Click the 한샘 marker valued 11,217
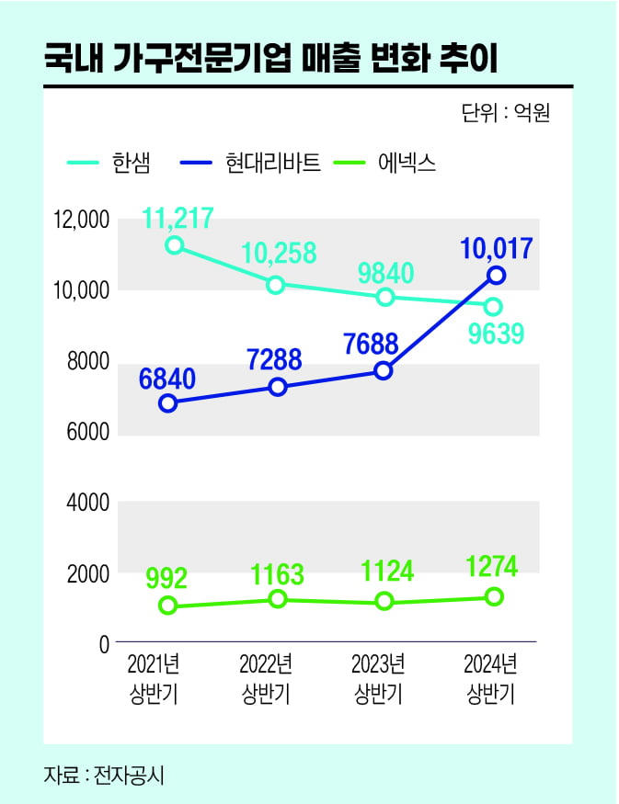click(173, 245)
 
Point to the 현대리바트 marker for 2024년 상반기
click(497, 275)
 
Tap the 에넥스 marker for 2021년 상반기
click(167, 605)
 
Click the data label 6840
click(169, 377)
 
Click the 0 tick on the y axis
click(104, 644)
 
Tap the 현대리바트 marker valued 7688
click(384, 370)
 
